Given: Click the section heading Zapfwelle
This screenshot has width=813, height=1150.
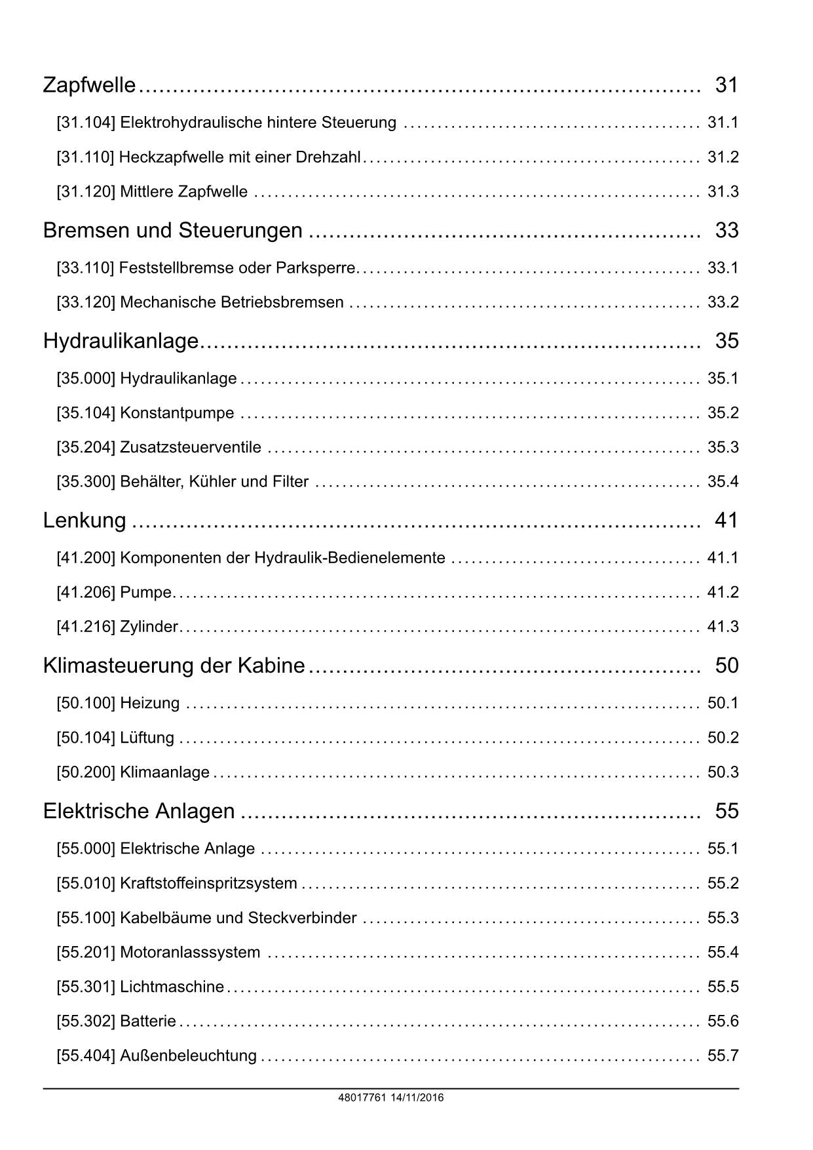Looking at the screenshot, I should pyautogui.click(x=89, y=85).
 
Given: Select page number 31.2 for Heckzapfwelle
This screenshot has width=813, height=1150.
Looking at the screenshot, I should pyautogui.click(x=723, y=157).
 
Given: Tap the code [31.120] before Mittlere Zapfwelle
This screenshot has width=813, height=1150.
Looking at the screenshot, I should pyautogui.click(x=86, y=192).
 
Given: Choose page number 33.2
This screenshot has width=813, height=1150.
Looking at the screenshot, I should pyautogui.click(x=723, y=302).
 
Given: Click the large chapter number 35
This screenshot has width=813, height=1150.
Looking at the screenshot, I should pyautogui.click(x=727, y=341).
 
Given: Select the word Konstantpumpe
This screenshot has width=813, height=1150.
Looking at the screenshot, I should pyautogui.click(x=177, y=413).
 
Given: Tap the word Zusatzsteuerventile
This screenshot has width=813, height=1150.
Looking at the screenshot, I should pyautogui.click(x=191, y=448).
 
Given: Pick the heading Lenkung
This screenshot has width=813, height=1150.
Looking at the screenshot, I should pyautogui.click(x=85, y=521).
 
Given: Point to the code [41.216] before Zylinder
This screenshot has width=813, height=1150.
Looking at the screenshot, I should pyautogui.click(x=86, y=627).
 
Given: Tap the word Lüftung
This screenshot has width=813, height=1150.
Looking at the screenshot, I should pyautogui.click(x=147, y=738).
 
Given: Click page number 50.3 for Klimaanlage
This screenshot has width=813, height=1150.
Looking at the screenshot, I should pyautogui.click(x=723, y=772).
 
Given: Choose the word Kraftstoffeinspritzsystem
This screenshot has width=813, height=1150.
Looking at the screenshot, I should pyautogui.click(x=208, y=884).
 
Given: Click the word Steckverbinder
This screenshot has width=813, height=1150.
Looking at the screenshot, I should pyautogui.click(x=302, y=918).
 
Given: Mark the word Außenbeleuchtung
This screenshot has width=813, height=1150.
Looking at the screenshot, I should pyautogui.click(x=189, y=1056).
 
